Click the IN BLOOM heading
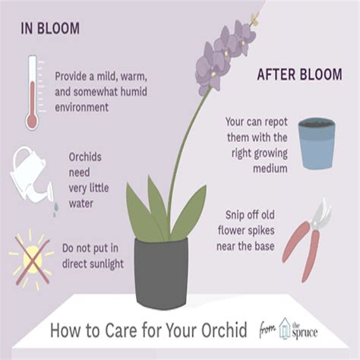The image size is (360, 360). (x=50, y=28)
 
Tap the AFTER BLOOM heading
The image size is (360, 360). (x=299, y=74)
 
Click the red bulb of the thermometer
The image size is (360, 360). (x=32, y=122)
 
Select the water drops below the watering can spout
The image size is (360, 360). (x=55, y=210)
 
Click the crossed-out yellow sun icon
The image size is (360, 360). (x=32, y=260)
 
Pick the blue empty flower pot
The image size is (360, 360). (x=317, y=144)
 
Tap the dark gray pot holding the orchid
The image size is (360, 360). (x=161, y=273)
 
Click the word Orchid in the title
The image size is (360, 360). (x=224, y=330)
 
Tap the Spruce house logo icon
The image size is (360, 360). (x=285, y=328)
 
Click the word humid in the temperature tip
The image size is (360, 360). (x=134, y=91)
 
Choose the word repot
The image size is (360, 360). (x=275, y=122)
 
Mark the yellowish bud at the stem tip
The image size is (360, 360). (x=254, y=19)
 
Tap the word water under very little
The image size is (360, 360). (x=81, y=204)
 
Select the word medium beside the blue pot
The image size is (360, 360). (x=270, y=169)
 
